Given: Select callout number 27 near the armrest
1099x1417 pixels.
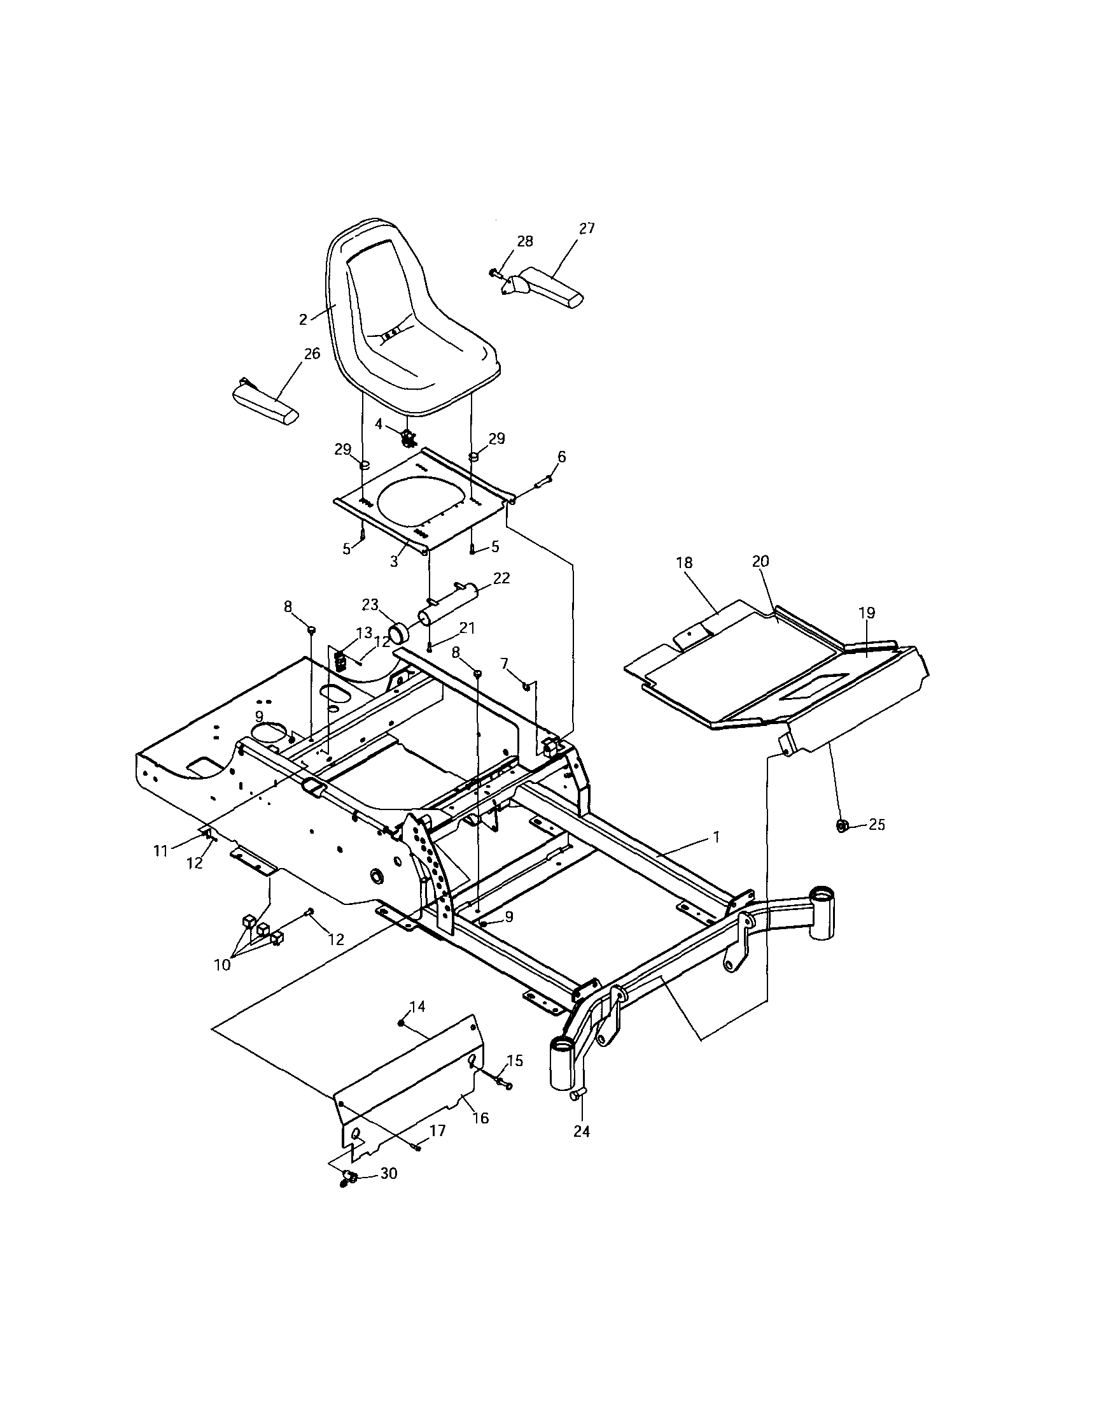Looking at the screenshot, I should tap(586, 229).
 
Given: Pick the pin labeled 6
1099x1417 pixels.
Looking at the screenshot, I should tap(543, 481).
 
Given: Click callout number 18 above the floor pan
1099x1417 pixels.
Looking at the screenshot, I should tap(685, 562).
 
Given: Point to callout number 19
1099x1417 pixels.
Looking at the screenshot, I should tap(867, 613).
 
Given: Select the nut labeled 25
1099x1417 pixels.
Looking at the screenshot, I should tap(843, 826).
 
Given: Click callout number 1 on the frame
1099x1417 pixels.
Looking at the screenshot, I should tap(716, 837).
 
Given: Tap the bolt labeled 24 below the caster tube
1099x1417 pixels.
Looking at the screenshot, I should tap(575, 1095).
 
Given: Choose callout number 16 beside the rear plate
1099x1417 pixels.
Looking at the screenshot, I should tap(480, 1118).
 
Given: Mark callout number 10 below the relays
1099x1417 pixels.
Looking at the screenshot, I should tap(221, 983).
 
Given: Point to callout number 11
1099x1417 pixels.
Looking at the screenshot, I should tap(161, 851).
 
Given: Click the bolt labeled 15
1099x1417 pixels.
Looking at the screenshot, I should tap(503, 1081).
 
